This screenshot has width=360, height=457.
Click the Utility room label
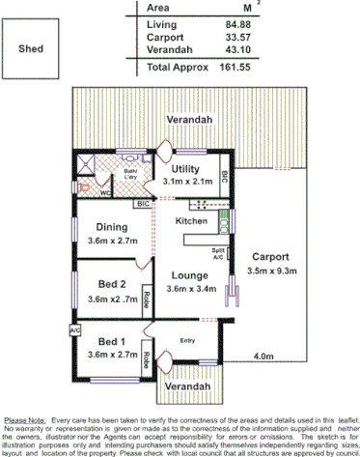[185, 168]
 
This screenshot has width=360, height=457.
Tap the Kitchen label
[191, 221]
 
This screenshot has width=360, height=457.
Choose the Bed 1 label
[111, 341]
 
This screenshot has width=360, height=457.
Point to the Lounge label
[185, 274]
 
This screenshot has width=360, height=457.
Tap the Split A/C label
[218, 254]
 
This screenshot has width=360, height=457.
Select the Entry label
[187, 338]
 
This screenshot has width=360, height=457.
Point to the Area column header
[158, 7]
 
